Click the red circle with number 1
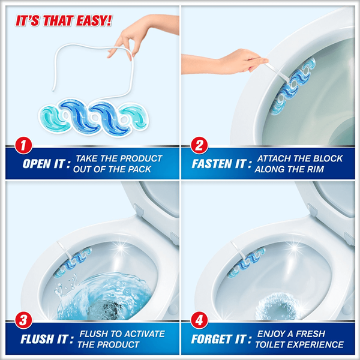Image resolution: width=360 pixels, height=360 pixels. (x=23, y=145)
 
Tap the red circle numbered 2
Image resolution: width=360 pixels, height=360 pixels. (x=199, y=145)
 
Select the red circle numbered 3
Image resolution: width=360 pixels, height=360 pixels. (x=23, y=320)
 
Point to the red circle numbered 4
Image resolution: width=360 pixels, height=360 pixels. (x=199, y=320)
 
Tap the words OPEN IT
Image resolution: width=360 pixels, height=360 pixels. (x=43, y=164)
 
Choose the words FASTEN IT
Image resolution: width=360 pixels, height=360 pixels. (x=219, y=164)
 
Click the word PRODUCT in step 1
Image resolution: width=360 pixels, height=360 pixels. (x=141, y=158)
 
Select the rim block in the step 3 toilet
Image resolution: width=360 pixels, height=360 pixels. (x=73, y=262)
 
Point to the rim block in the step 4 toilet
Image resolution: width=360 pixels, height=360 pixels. (x=246, y=262)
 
